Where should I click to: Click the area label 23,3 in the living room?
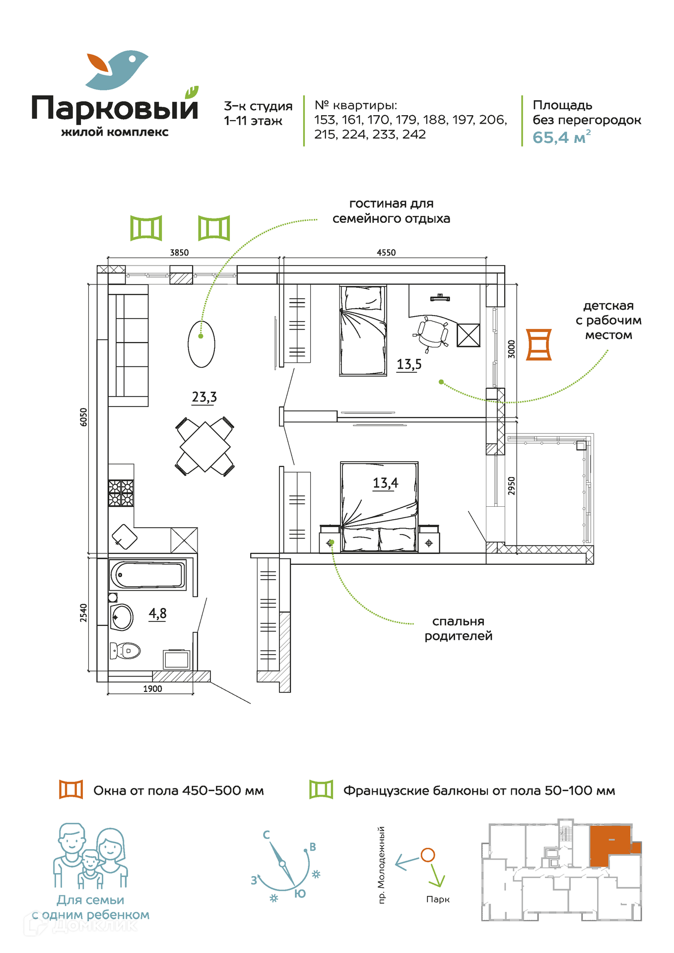click(x=204, y=397)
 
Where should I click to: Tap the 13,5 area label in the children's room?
click(x=409, y=364)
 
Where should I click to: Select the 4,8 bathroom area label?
click(x=157, y=613)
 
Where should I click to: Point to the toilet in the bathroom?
click(x=125, y=650)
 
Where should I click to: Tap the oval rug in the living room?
click(x=202, y=344)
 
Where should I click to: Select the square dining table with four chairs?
click(x=205, y=446)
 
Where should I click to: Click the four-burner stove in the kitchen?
click(x=121, y=493)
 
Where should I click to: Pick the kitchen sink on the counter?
click(x=125, y=537)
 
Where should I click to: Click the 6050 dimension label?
click(x=83, y=417)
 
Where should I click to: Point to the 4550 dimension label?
click(x=386, y=253)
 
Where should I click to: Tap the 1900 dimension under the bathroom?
click(x=152, y=689)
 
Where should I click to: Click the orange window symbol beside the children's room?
click(x=539, y=344)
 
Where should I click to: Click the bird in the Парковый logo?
click(x=117, y=69)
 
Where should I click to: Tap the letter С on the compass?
click(x=267, y=835)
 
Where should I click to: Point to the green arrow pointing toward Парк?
click(x=436, y=876)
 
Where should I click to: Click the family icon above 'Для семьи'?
click(x=90, y=856)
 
